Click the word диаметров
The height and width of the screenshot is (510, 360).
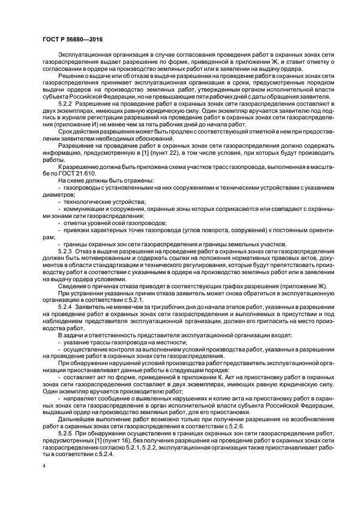click(x=57, y=195)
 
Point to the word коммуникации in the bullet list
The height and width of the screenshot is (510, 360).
click(x=84, y=209)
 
